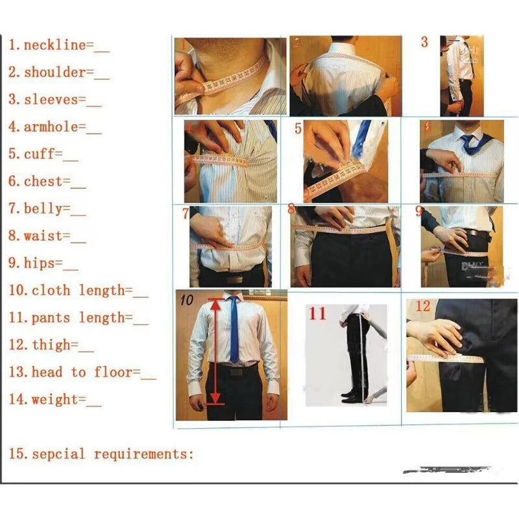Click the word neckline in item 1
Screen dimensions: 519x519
(x=54, y=45)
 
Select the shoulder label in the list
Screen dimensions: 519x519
(x=54, y=73)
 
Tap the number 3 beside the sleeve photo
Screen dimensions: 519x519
(x=424, y=43)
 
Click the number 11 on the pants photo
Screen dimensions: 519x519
(x=317, y=314)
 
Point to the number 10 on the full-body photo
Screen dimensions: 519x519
(x=187, y=300)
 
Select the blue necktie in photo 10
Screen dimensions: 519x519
(x=234, y=331)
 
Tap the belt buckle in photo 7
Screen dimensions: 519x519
(x=234, y=278)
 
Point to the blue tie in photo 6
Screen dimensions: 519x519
(x=472, y=143)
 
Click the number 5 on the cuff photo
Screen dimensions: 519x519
(x=298, y=128)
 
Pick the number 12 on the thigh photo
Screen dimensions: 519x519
(x=423, y=306)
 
